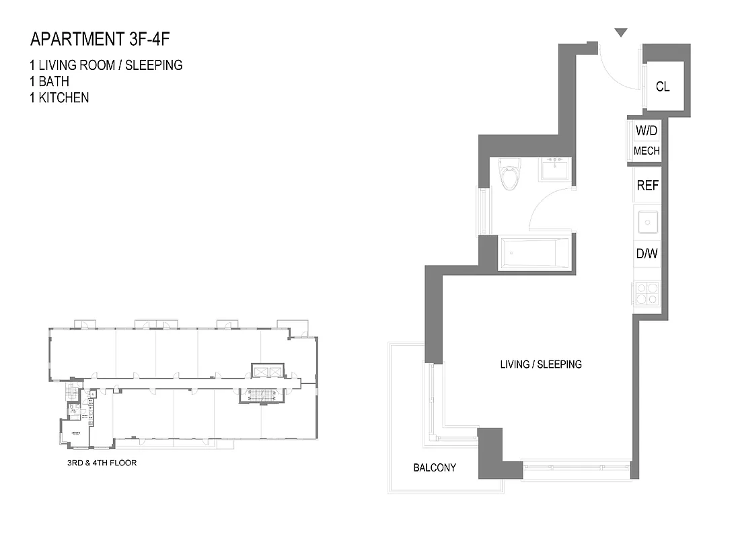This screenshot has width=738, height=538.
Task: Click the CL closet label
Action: pyautogui.click(x=663, y=87)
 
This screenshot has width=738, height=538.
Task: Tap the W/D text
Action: pyautogui.click(x=647, y=131)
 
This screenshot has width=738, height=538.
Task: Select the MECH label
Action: pyautogui.click(x=647, y=151)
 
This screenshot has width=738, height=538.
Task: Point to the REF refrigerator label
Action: pyautogui.click(x=647, y=186)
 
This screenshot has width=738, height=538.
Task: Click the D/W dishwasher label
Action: pyautogui.click(x=647, y=254)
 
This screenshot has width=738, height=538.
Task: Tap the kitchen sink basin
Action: pyautogui.click(x=648, y=221)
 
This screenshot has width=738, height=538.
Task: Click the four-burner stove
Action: pyautogui.click(x=647, y=294)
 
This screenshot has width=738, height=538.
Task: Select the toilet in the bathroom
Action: pyautogui.click(x=510, y=175)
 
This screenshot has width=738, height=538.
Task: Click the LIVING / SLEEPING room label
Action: pyautogui.click(x=541, y=364)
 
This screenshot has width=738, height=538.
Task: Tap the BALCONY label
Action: pyautogui.click(x=435, y=467)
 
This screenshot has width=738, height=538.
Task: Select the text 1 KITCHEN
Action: pyautogui.click(x=59, y=98)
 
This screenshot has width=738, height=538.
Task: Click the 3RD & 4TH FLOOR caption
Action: pyautogui.click(x=98, y=463)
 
